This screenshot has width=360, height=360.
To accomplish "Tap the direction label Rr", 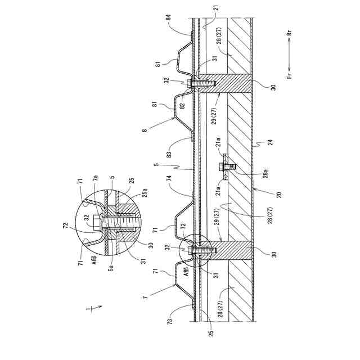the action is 290,33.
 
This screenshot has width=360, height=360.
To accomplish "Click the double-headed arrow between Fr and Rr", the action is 290,54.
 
